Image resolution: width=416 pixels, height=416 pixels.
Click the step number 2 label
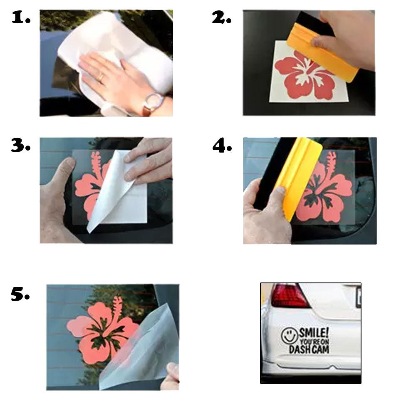(x=221, y=18)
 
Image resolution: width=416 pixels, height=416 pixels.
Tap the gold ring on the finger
(x=101, y=77)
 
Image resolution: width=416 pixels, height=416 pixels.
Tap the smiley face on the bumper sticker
(x=289, y=335)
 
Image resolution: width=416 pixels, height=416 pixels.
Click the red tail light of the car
(x=290, y=295)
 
